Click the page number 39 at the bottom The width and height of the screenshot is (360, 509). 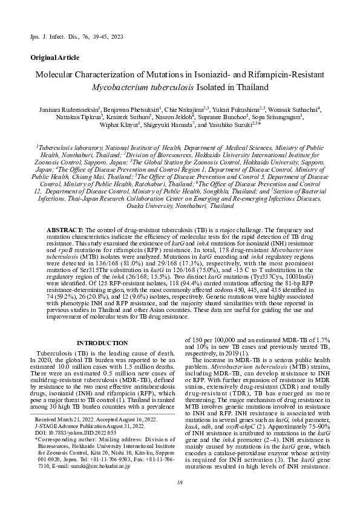180,481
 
